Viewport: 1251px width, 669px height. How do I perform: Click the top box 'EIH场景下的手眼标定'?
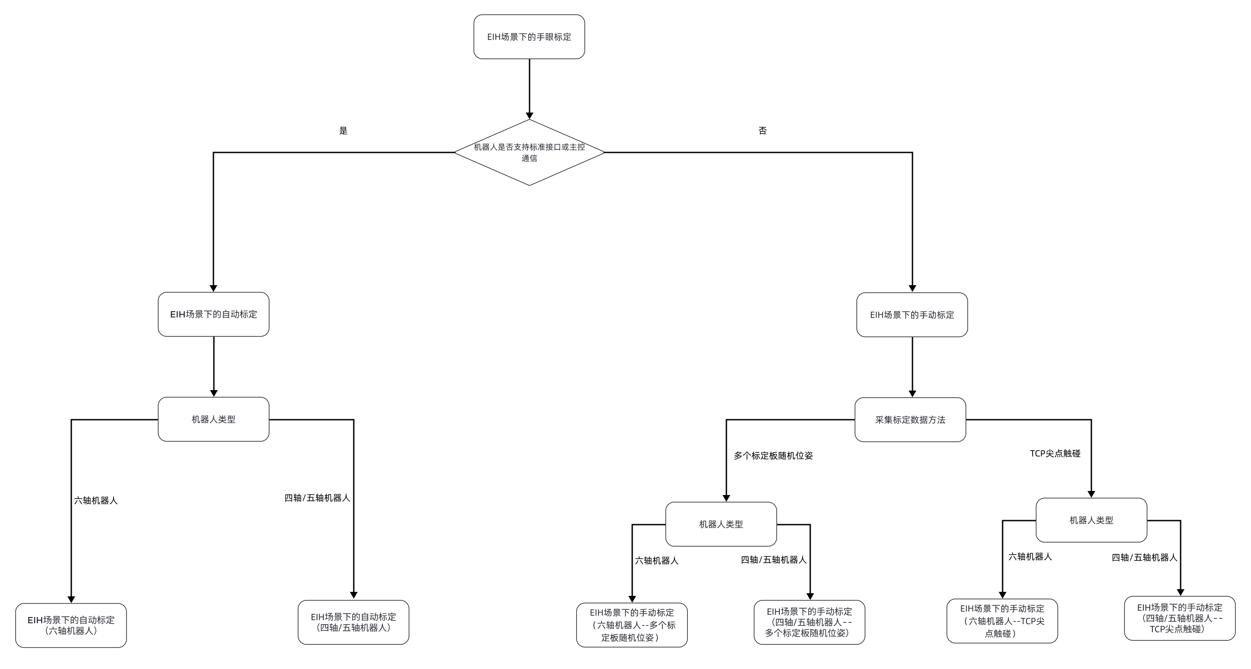coord(529,37)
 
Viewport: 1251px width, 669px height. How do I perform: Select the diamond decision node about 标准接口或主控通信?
coord(529,152)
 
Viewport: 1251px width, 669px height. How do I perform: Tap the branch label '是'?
coord(343,130)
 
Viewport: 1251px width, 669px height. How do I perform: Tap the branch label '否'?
coord(762,130)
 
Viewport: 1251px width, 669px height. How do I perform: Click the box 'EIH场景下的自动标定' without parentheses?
coord(213,314)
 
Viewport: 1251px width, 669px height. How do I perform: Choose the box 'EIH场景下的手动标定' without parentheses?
coord(912,315)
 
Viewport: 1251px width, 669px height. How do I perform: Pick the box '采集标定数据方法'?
coord(910,419)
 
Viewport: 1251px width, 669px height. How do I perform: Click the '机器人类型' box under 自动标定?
coord(213,419)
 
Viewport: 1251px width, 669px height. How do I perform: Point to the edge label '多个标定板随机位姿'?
coord(773,456)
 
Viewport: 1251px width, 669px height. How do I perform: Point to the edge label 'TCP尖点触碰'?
coord(1055,453)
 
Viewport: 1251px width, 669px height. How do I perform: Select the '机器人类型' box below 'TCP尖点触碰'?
coord(1091,520)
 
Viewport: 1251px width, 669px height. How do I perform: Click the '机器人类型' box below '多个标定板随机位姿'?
coord(721,524)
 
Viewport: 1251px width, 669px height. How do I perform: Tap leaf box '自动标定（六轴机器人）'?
coord(71,626)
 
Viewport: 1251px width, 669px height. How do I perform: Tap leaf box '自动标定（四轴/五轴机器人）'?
coord(353,622)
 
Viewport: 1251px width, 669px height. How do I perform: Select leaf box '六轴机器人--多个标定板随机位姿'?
coord(631,625)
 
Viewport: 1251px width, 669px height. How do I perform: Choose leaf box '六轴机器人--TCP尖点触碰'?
coord(1002,621)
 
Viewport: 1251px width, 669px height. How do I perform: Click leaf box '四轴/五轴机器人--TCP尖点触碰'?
coord(1179,618)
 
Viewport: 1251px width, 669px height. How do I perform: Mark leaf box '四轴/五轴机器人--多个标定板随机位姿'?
coord(809,622)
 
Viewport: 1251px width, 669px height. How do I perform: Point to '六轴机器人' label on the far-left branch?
coord(96,500)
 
